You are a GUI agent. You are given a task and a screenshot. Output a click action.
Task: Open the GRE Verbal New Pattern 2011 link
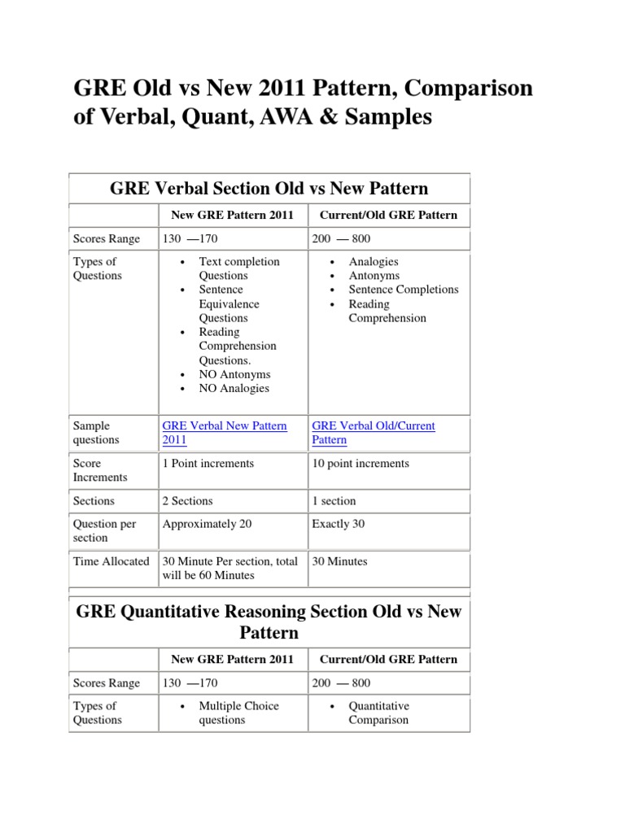[225, 433]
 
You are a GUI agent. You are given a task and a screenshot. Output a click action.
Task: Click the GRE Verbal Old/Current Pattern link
[374, 433]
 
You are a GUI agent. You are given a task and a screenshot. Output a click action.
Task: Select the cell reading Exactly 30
[338, 524]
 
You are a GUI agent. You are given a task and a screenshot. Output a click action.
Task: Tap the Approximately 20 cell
[207, 524]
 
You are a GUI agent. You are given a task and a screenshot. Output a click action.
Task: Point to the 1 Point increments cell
[208, 464]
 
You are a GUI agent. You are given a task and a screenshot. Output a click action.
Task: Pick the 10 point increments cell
[361, 464]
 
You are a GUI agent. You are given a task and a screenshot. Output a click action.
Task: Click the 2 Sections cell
[187, 501]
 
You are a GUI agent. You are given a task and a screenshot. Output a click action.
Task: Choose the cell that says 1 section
[334, 501]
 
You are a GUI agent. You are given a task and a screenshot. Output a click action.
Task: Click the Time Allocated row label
[111, 561]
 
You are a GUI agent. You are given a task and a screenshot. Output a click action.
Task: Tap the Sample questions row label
[96, 433]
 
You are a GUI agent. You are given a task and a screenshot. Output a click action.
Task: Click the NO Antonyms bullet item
[234, 374]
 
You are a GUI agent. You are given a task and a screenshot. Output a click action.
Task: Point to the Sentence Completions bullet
[403, 290]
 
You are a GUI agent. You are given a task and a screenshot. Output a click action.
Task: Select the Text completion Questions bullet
[238, 268]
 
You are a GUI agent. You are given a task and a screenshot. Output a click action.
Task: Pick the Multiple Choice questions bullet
[238, 713]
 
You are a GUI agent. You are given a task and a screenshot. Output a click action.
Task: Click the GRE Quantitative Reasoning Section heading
[269, 621]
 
